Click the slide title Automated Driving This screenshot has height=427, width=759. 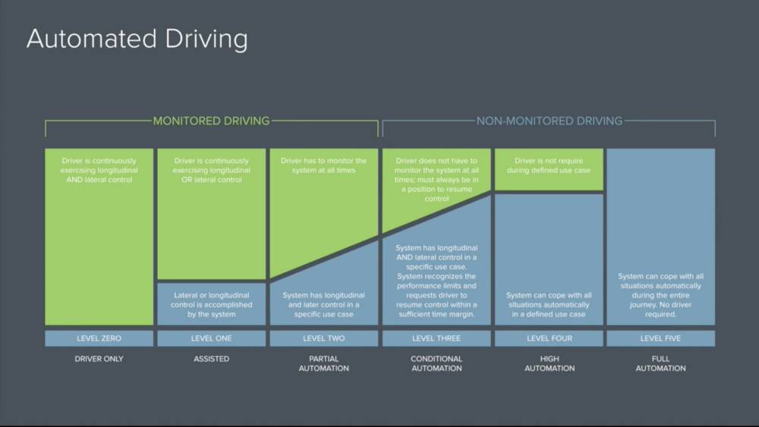click(137, 39)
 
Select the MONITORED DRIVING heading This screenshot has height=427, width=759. click(211, 121)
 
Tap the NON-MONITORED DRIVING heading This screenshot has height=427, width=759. click(549, 121)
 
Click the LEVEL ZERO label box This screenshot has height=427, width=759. click(99, 338)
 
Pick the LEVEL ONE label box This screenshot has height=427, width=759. click(211, 338)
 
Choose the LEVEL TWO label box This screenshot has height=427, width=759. click(324, 338)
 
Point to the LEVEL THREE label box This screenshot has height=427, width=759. click(436, 338)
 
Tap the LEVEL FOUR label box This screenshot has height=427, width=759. click(549, 338)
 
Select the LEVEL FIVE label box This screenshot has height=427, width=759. click(660, 338)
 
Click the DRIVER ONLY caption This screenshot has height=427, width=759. click(99, 359)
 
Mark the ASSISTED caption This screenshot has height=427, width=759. click(211, 359)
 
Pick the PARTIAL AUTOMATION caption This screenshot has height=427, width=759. click(324, 363)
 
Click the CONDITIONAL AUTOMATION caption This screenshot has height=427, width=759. click(436, 363)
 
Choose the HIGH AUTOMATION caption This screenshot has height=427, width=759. click(549, 363)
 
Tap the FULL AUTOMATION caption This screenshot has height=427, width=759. click(660, 363)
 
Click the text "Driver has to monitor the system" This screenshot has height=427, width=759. click(324, 165)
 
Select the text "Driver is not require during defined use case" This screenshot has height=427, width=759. click(549, 165)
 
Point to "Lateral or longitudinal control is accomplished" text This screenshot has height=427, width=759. click(211, 304)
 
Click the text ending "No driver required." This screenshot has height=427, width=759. click(660, 295)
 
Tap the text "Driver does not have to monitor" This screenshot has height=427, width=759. click(436, 180)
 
